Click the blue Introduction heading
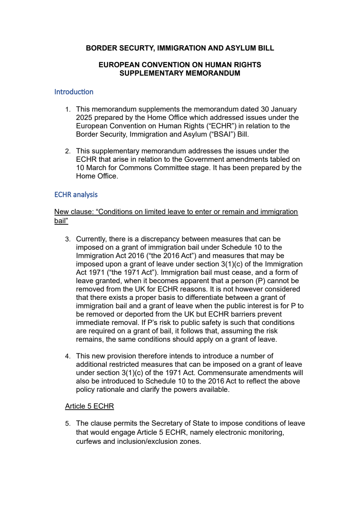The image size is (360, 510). tap(74, 92)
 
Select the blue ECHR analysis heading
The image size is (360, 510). tap(76, 195)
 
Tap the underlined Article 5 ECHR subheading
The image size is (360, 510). tap(89, 406)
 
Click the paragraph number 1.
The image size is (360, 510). tap(68, 109)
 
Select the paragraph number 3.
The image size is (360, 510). tap(68, 239)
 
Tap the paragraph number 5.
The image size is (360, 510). tap(68, 423)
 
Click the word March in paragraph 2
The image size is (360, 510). tap(96, 168)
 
